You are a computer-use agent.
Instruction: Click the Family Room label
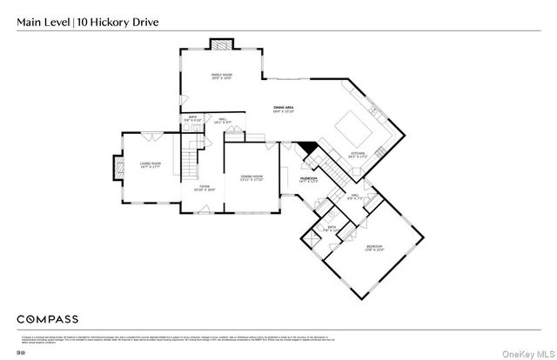pos(222,77)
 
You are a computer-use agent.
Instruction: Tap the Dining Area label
pos(285,109)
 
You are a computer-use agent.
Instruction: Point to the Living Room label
pos(150,164)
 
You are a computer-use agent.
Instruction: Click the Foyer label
pos(205,187)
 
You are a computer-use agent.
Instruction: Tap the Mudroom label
pos(309,178)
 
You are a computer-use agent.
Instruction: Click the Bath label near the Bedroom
pos(332,229)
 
